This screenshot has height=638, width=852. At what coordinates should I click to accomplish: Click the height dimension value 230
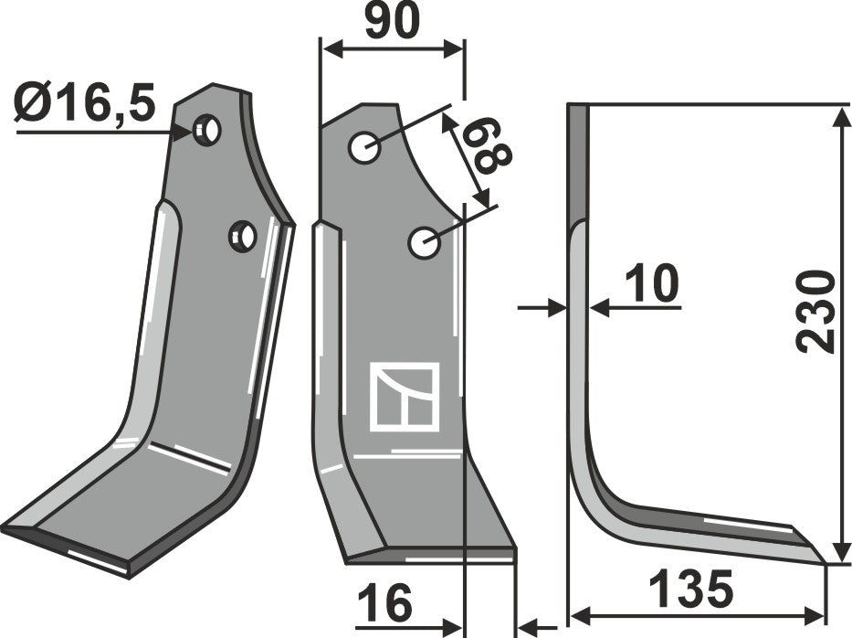pos(815,311)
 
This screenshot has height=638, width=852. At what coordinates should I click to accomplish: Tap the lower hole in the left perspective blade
pos(243,236)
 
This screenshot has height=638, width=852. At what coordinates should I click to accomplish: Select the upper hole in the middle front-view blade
pos(363,147)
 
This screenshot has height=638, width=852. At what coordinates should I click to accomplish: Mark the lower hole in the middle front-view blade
pos(423,242)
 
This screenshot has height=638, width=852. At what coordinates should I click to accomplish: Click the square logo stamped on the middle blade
pos(404,397)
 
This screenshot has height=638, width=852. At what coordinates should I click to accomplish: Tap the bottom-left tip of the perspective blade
pos(5,529)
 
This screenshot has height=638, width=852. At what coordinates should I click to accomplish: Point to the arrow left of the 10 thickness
pos(557,309)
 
